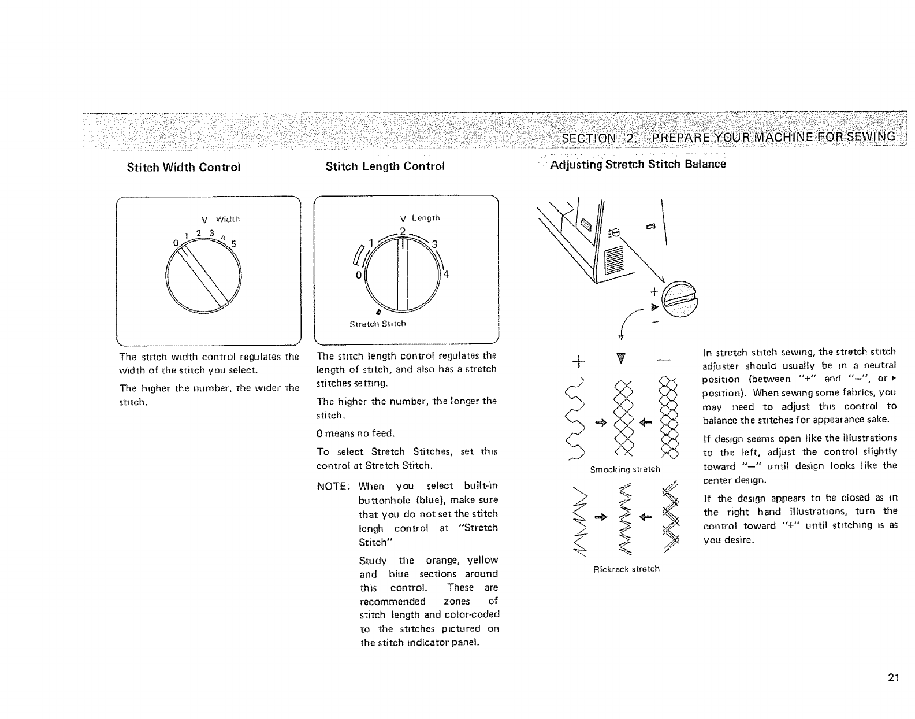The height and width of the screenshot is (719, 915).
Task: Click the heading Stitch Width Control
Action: click(183, 168)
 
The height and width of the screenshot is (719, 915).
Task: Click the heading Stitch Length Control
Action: click(385, 166)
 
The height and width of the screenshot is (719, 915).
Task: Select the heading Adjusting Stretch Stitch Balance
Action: click(638, 164)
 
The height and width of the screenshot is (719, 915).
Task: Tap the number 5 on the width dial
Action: click(234, 243)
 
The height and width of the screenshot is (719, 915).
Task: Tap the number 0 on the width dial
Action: click(175, 243)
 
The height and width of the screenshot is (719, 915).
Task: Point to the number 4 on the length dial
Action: click(446, 275)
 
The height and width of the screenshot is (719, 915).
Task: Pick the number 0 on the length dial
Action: click(359, 275)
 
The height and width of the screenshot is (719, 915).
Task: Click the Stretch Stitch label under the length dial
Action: click(378, 324)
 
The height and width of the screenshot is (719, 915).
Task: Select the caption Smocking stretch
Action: click(624, 469)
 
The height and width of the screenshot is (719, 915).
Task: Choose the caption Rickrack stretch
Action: click(626, 569)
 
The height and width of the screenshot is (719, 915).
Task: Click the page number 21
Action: click(894, 678)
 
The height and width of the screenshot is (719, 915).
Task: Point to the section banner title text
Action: click(728, 137)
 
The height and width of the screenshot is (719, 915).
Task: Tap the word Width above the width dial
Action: click(228, 220)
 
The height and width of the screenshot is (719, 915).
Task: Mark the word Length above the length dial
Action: click(426, 218)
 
